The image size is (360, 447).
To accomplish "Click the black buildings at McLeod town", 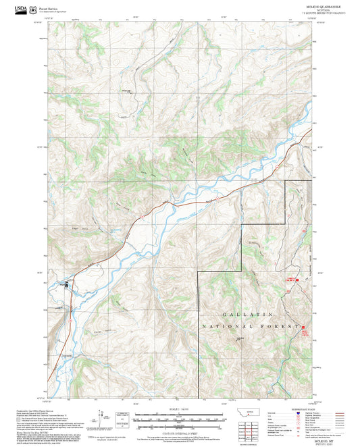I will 66,285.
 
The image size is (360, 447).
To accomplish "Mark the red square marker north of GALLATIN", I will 292,279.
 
